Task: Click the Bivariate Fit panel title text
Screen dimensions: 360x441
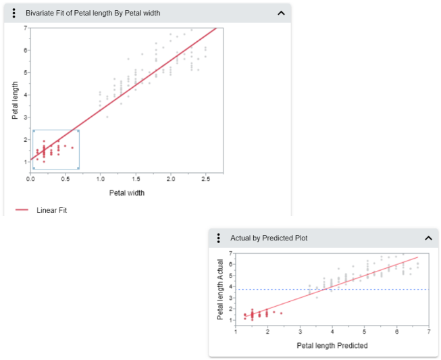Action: pyautogui.click(x=93, y=13)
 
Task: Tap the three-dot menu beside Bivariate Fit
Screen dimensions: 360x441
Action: pyautogui.click(x=14, y=13)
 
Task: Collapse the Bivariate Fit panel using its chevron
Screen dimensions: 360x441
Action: pyautogui.click(x=281, y=13)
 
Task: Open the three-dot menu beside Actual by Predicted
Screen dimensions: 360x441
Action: pyautogui.click(x=219, y=238)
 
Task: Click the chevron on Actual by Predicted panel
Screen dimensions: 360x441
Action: pyautogui.click(x=428, y=238)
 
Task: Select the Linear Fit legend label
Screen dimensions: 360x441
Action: pyautogui.click(x=51, y=210)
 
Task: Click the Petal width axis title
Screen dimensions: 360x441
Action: pyautogui.click(x=127, y=192)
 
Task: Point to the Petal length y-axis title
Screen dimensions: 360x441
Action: pyautogui.click(x=15, y=101)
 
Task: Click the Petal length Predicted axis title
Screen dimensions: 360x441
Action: pyautogui.click(x=332, y=346)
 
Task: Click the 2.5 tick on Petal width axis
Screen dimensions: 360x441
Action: pyautogui.click(x=206, y=179)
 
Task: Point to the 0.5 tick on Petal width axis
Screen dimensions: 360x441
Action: pyautogui.click(x=66, y=179)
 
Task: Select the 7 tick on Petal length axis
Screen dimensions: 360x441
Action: pyautogui.click(x=25, y=28)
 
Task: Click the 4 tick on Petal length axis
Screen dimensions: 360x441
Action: pyautogui.click(x=25, y=95)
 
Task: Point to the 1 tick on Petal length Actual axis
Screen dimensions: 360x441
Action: pyautogui.click(x=230, y=325)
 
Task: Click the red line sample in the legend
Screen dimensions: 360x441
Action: pyautogui.click(x=22, y=210)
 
